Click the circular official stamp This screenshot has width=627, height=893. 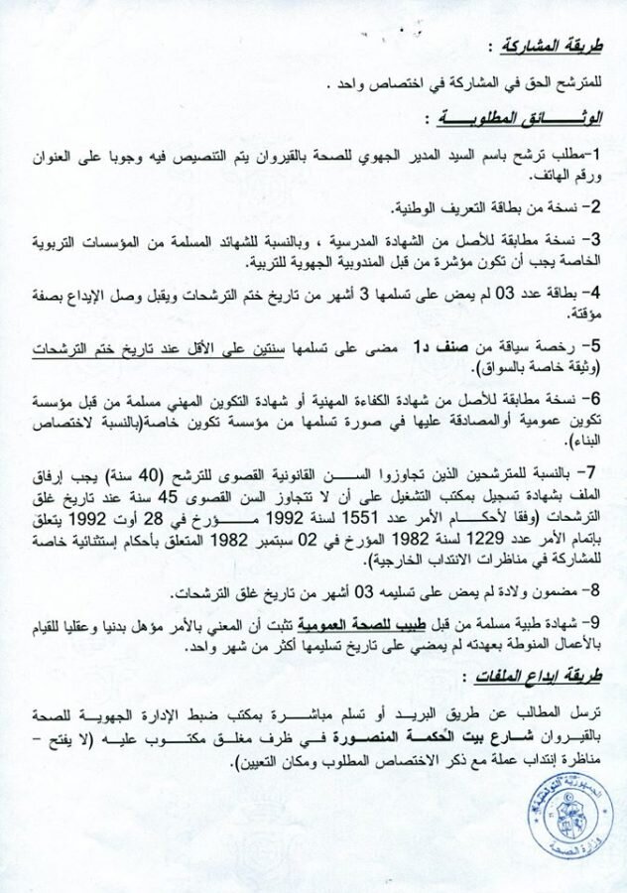(569, 821)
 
